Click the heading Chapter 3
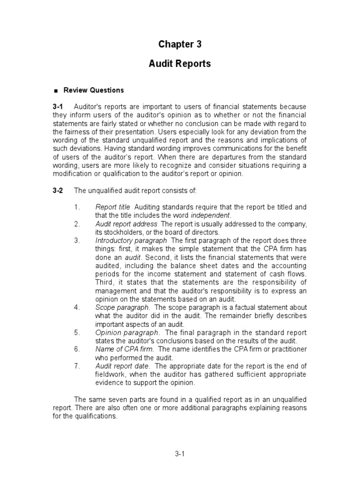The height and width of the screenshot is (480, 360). pos(180,44)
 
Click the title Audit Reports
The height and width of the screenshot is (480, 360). pos(180,64)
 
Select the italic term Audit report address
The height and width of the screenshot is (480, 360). pos(126,224)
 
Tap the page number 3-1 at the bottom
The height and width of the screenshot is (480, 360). pos(180,454)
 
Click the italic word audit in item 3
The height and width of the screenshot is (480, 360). pos(133,257)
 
